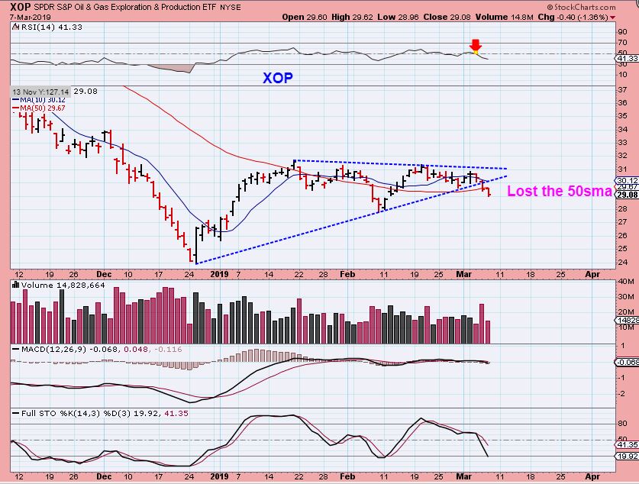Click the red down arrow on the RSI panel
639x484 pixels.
click(x=476, y=46)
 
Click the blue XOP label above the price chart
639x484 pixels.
click(x=277, y=78)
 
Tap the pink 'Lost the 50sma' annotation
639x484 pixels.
click(x=559, y=192)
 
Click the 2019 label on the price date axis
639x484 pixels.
click(x=219, y=273)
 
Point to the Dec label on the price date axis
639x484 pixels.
click(x=104, y=273)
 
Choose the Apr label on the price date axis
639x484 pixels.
click(x=592, y=273)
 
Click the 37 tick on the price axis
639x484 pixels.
click(x=623, y=89)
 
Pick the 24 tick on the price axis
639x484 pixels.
click(x=623, y=262)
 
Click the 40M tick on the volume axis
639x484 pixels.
click(x=625, y=282)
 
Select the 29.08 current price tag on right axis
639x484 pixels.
click(x=626, y=195)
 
